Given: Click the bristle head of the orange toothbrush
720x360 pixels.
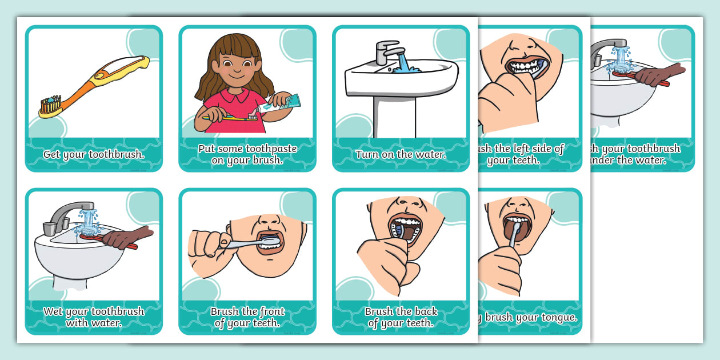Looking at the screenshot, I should (x=50, y=104).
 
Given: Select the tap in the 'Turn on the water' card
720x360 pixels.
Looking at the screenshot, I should (x=389, y=52).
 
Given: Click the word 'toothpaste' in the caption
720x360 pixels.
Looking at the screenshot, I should (x=270, y=149).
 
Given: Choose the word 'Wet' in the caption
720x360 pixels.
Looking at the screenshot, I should (x=54, y=311).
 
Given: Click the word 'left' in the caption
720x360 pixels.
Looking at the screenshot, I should (x=526, y=149).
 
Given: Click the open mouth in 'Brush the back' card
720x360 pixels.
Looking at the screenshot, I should (x=406, y=229).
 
